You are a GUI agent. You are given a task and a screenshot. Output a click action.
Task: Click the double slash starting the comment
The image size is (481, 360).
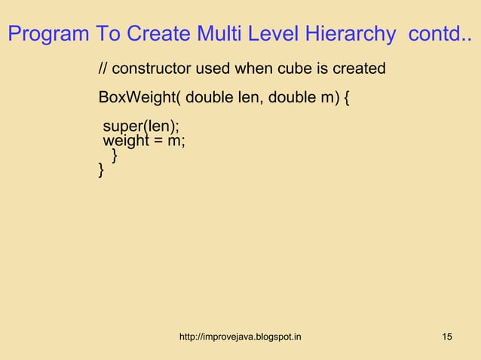pos(103,69)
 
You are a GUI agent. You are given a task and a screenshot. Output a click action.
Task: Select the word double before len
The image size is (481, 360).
pos(209,99)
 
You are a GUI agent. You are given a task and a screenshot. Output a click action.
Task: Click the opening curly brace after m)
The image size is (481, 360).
pos(346,99)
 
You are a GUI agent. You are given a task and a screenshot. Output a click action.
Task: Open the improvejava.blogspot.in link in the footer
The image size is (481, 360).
pos(240,335)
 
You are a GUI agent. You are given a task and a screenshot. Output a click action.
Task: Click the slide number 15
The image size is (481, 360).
pos(447,335)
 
